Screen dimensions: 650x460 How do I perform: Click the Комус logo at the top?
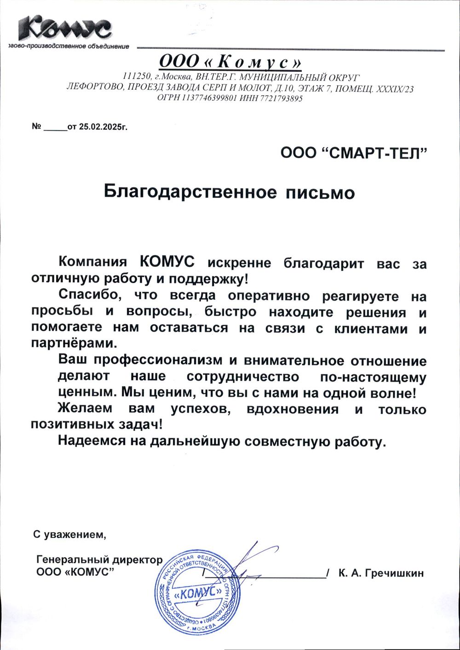(x=64, y=28)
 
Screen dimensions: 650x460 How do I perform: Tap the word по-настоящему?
(x=373, y=377)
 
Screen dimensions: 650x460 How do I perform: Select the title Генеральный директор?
(x=99, y=560)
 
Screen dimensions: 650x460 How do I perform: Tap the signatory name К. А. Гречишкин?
(x=380, y=573)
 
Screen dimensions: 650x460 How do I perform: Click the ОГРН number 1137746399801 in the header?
(x=210, y=98)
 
